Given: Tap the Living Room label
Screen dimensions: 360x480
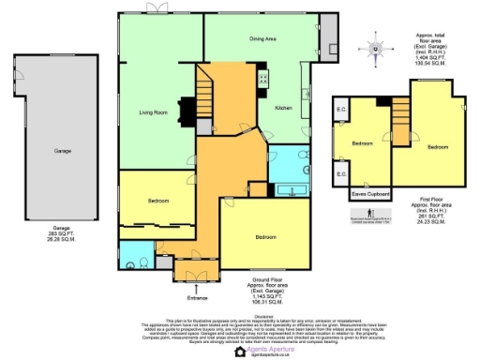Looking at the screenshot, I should [x=153, y=112].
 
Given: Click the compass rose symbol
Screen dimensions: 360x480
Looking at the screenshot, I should [x=376, y=49].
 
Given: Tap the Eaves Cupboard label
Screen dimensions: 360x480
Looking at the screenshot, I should [x=371, y=194].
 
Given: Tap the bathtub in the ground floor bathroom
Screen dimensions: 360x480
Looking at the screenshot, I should [x=291, y=189].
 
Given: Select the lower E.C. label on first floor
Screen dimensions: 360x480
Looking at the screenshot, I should [x=342, y=174].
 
